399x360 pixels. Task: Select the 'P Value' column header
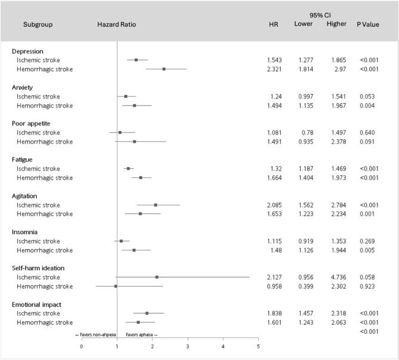[x=368, y=24]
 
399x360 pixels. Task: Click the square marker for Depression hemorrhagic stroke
[x=163, y=69]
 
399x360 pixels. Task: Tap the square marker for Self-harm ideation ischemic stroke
[x=157, y=277]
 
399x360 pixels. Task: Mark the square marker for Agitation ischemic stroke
[x=155, y=205]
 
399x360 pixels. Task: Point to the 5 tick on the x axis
[x=258, y=346]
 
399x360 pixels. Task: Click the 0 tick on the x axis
[x=82, y=346]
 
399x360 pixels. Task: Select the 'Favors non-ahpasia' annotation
[x=95, y=335]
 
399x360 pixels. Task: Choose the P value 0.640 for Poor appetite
[x=367, y=133]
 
